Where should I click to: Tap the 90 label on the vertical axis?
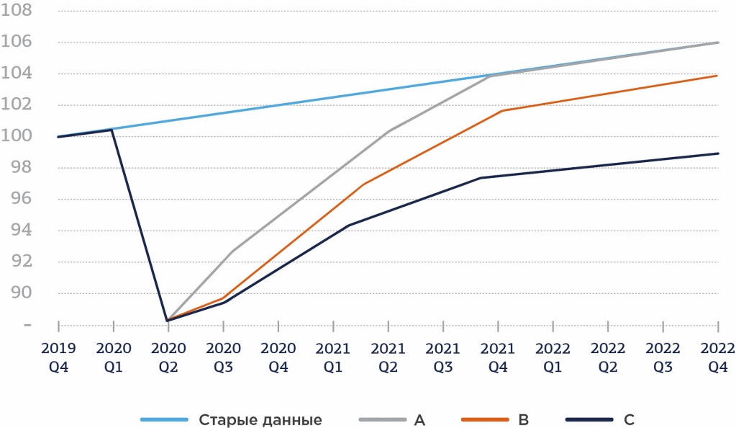tap(21, 293)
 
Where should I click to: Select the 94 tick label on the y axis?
tap(21, 231)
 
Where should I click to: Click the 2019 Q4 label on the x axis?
tap(58, 357)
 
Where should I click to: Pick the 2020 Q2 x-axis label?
tap(168, 357)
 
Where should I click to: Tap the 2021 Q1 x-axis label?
tap(333, 357)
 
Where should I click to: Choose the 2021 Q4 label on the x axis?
tap(498, 357)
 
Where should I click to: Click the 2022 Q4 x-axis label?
tap(718, 357)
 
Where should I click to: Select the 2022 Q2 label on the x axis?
tap(608, 357)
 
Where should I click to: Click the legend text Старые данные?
tap(260, 419)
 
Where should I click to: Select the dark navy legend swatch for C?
tap(591, 419)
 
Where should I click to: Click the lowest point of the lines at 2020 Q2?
tap(168, 320)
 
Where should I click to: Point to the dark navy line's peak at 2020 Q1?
tap(112, 130)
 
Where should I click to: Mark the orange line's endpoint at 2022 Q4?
tap(718, 76)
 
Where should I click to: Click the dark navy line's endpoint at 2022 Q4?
tap(718, 153)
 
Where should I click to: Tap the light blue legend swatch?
tap(163, 419)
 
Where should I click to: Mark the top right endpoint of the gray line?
tap(718, 43)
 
